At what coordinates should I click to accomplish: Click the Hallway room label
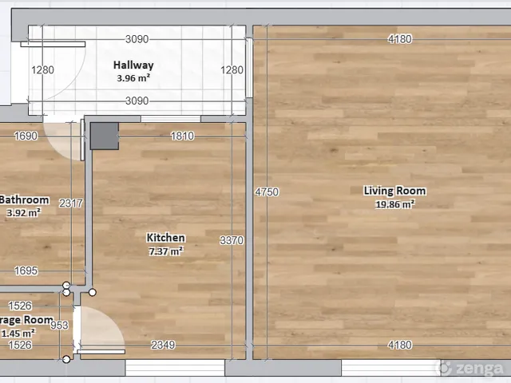133,65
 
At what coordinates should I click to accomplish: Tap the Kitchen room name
165,238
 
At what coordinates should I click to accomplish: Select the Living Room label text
394,191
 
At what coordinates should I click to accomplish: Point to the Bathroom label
24,199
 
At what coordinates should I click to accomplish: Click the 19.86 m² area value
395,204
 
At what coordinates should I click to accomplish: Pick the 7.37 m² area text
166,251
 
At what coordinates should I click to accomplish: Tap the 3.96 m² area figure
133,78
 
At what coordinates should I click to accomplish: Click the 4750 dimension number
267,191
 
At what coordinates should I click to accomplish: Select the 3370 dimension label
232,240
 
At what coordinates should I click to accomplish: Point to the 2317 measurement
71,203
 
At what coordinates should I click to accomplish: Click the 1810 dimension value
182,136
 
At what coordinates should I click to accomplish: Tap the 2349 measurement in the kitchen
163,345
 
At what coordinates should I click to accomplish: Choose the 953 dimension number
59,325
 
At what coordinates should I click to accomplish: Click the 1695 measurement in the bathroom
26,270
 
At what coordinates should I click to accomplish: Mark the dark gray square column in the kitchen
105,136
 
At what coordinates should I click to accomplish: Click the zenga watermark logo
470,369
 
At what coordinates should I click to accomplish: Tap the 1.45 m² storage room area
18,334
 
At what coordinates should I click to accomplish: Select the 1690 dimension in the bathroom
26,136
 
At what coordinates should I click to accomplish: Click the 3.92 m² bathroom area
23,213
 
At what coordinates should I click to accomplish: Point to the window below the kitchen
175,368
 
